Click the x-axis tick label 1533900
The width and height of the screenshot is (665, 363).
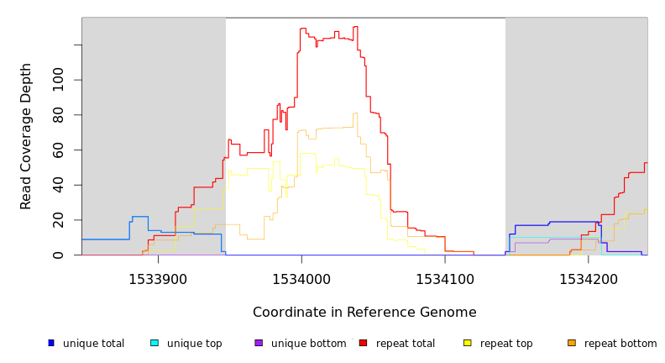point(158,279)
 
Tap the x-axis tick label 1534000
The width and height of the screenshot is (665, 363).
point(302,279)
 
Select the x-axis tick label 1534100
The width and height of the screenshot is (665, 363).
point(445,279)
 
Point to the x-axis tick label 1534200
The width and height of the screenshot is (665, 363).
point(588,279)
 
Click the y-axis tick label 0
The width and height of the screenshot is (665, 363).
point(58,255)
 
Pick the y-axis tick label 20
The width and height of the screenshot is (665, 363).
point(58,220)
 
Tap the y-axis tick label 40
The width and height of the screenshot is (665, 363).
point(58,185)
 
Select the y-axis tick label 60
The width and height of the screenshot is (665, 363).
point(58,150)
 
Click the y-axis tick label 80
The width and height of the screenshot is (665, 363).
point(58,114)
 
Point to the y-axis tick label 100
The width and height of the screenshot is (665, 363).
point(58,80)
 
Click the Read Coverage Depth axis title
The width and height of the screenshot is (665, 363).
point(26,136)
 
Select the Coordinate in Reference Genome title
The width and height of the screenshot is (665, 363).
point(364,313)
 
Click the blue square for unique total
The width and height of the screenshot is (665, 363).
point(51,343)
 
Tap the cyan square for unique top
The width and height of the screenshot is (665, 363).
point(154,343)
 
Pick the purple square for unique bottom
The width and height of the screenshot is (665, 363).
point(259,343)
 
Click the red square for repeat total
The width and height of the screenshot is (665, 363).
point(363,343)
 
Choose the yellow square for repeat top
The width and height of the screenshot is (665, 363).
point(468,343)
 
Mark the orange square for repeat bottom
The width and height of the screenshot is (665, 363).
point(572,343)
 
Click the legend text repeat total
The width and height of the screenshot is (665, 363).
point(406,344)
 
